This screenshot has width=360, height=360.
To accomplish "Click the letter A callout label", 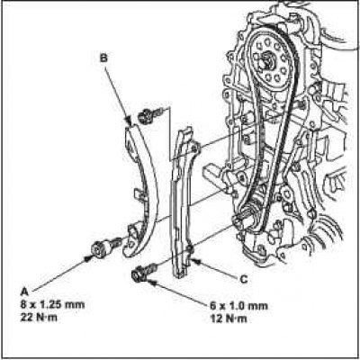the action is (x=24, y=292).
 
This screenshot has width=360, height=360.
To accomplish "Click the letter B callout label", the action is (x=103, y=58).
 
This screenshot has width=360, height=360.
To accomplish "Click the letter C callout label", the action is (x=244, y=279).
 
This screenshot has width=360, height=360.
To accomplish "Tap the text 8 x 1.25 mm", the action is (x=52, y=305).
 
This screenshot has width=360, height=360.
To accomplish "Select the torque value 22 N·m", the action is (x=39, y=318).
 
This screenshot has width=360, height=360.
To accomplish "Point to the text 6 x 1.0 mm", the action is (x=238, y=306).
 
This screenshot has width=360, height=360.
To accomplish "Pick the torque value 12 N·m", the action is (x=229, y=318).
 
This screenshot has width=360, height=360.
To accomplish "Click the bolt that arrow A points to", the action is (x=105, y=247).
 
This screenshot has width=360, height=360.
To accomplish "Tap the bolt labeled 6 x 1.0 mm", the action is (x=144, y=271).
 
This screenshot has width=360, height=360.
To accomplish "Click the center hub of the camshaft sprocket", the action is (x=265, y=58).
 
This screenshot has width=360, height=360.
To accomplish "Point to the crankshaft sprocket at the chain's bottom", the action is (x=252, y=217).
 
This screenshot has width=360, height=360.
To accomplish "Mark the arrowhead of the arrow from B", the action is (x=128, y=121).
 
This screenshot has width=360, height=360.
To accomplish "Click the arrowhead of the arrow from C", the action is (x=195, y=261).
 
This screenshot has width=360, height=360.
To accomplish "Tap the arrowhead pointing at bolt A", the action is (x=88, y=258).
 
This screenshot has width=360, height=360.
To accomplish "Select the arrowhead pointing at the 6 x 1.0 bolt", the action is (x=151, y=282).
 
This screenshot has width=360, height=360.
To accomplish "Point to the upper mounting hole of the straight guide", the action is (x=194, y=147).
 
